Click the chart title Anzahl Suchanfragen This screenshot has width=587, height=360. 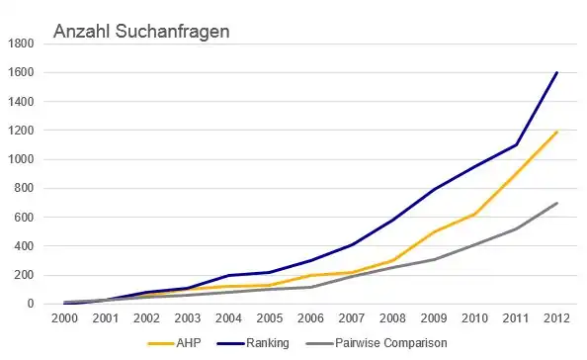coord(141,33)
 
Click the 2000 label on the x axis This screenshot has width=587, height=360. coord(65,319)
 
